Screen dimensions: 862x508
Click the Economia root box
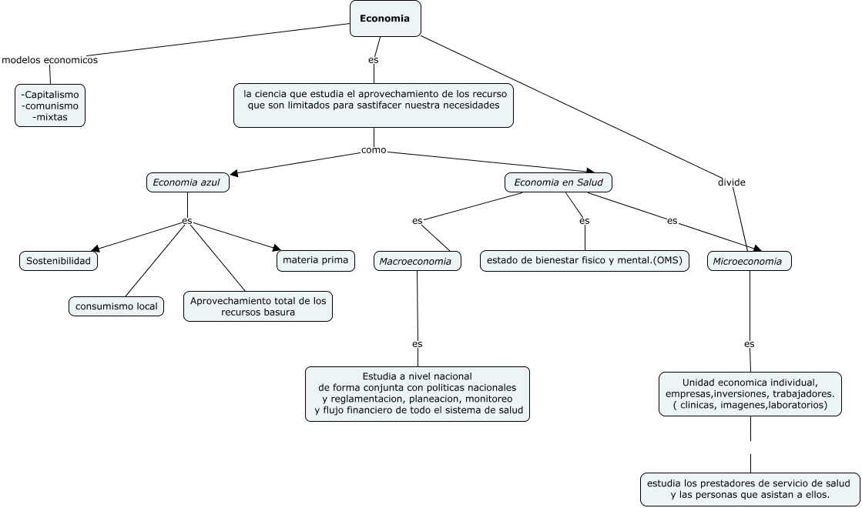385,18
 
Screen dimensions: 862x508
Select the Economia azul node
187,182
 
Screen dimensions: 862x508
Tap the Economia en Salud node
558,182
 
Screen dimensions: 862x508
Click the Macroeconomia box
418,261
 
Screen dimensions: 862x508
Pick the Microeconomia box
750,261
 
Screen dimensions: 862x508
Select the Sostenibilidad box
59,261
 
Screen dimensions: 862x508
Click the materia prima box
316,260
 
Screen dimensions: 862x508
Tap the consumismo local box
116,306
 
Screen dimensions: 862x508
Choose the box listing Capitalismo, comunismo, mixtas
50,105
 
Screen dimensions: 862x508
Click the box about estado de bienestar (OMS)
585,260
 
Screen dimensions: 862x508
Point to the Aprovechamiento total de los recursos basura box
258,306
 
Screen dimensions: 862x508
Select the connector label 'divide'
732,182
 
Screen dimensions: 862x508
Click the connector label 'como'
374,150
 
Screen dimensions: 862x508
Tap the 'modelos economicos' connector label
49,60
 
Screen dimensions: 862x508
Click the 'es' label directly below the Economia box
374,60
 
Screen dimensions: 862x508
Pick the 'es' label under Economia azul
187,221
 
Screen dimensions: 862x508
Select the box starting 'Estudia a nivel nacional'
418,394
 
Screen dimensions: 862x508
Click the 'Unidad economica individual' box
750,394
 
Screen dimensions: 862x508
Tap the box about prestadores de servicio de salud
750,489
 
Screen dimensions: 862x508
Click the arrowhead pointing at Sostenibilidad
95,249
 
